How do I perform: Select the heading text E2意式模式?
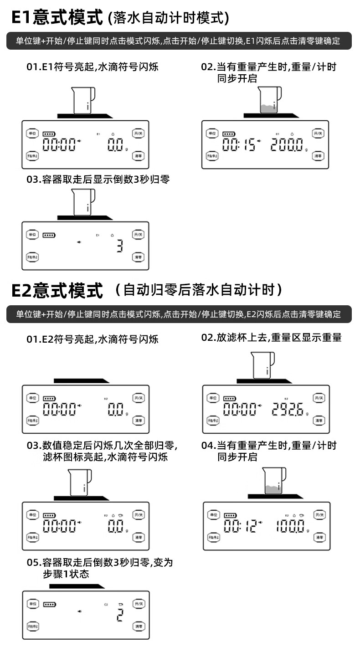coord(57,290)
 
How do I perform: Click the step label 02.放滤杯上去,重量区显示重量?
coord(271,338)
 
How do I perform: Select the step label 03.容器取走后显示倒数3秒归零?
coord(98,179)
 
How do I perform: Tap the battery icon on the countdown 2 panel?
coord(49,605)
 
